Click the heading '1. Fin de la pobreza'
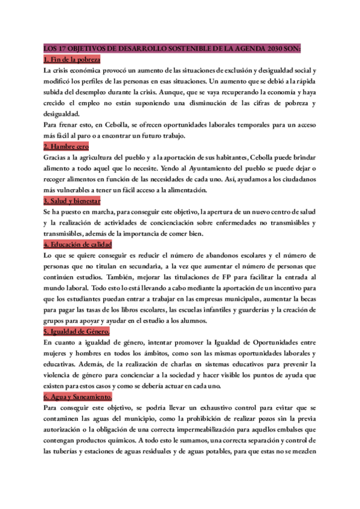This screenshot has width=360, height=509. coord(72,60)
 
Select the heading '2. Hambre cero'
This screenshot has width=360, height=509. coord(66,146)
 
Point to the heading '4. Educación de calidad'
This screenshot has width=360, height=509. coord(78,244)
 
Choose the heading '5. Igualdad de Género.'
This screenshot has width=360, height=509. coord(77,331)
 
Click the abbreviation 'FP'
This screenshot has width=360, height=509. coord(226,277)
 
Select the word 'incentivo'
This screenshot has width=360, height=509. coord(289,288)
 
